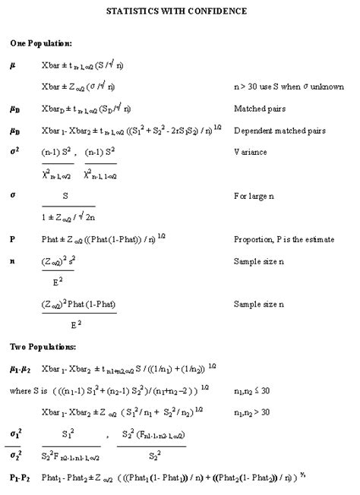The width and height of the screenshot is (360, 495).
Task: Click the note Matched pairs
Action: click(x=260, y=109)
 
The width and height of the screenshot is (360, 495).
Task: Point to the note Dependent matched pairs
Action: click(x=279, y=131)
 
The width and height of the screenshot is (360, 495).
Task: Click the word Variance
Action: click(x=251, y=152)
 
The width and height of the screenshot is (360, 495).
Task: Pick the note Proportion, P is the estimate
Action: click(x=284, y=239)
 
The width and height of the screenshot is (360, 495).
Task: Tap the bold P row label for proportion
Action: click(x=12, y=239)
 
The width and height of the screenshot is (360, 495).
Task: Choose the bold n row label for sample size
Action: click(x=12, y=260)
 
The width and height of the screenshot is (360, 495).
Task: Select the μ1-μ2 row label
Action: click(x=21, y=367)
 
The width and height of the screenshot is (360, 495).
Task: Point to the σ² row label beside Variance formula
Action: click(x=14, y=152)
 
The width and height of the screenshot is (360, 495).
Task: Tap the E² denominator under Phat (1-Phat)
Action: click(x=77, y=324)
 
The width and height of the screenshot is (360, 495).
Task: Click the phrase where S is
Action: click(x=27, y=389)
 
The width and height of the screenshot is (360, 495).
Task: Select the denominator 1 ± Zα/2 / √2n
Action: click(x=67, y=217)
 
